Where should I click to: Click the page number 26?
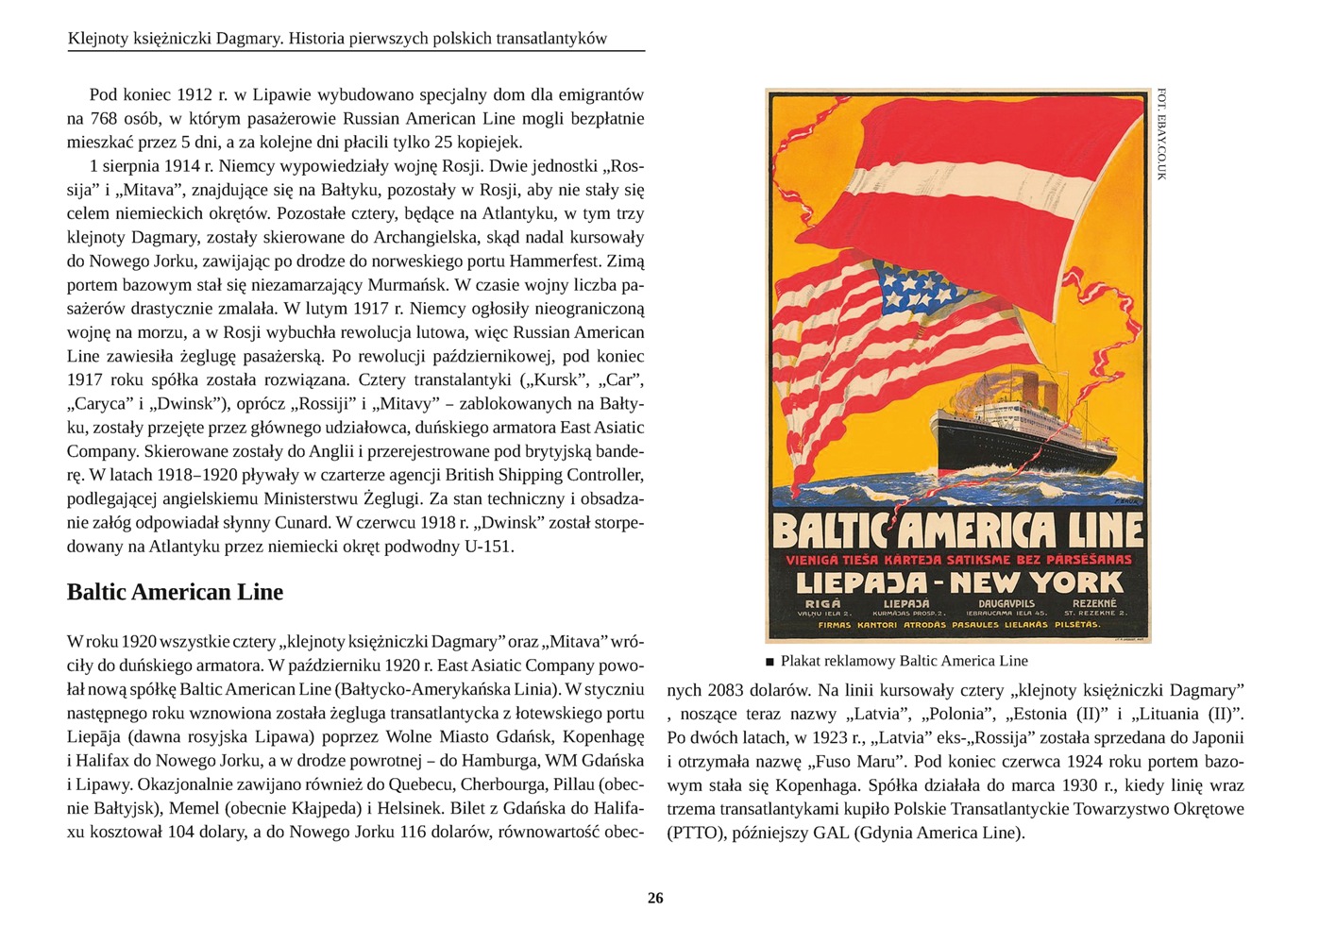pyautogui.click(x=655, y=898)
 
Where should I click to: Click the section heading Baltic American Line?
pyautogui.click(x=175, y=592)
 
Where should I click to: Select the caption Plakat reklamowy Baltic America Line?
pyautogui.click(x=904, y=661)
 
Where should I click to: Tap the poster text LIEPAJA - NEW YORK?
pyautogui.click(x=959, y=582)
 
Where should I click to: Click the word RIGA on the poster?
pyautogui.click(x=822, y=603)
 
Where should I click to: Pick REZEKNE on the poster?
pyautogui.click(x=1094, y=603)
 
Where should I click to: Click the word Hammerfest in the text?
pyautogui.click(x=552, y=261)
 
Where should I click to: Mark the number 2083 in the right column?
pyautogui.click(x=725, y=690)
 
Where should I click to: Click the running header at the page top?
pyautogui.click(x=337, y=39)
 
